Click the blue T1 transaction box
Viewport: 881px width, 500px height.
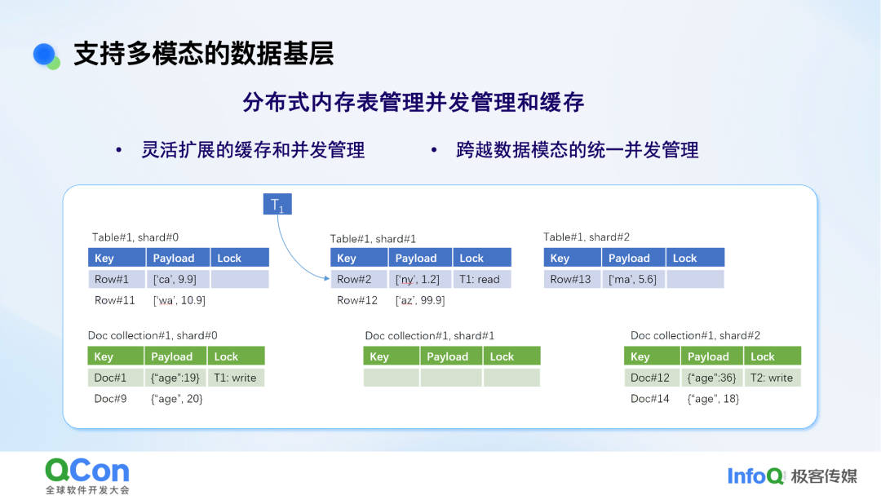[277, 204]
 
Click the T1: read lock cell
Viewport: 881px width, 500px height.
[482, 279]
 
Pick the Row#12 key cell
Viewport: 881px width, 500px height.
[358, 300]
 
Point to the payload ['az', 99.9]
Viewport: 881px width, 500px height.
[420, 300]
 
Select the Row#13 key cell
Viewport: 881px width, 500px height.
[572, 279]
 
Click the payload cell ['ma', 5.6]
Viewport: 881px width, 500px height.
[633, 279]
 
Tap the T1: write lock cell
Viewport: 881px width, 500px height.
[236, 378]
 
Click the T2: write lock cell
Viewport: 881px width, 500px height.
[772, 378]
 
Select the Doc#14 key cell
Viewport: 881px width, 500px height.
[651, 399]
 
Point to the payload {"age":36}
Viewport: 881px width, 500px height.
[711, 378]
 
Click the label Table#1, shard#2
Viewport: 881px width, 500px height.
[587, 237]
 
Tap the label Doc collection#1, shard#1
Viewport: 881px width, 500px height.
[430, 336]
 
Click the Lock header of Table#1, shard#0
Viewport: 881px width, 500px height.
[239, 258]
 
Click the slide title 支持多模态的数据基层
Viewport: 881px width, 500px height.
[204, 54]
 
